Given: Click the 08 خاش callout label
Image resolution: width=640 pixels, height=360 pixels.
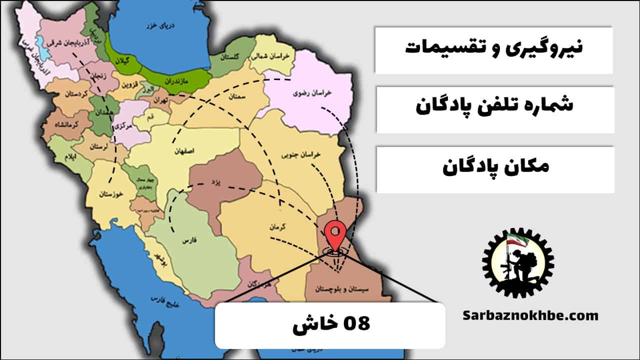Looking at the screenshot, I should (x=330, y=324).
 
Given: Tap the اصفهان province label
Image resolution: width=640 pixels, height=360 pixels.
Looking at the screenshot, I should (x=184, y=150).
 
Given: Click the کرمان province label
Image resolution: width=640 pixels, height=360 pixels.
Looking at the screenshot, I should (x=276, y=226).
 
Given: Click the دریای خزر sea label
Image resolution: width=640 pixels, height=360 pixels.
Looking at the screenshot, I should (x=155, y=25).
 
